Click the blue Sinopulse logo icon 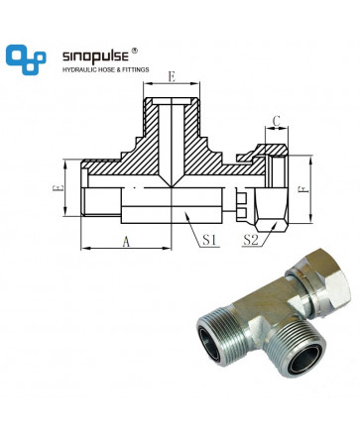click(x=26, y=59)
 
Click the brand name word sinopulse click(x=95, y=56)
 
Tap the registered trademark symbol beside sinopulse click(x=135, y=51)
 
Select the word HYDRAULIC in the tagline click(x=76, y=70)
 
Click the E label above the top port click(x=172, y=77)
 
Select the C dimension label click(x=277, y=121)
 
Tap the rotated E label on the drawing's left click(x=58, y=188)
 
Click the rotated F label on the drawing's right click(x=301, y=189)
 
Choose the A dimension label click(x=126, y=242)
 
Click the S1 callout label click(x=209, y=240)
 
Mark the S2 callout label click(x=251, y=240)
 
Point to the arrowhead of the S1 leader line click(x=186, y=216)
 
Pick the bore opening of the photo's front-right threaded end click(x=305, y=360)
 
